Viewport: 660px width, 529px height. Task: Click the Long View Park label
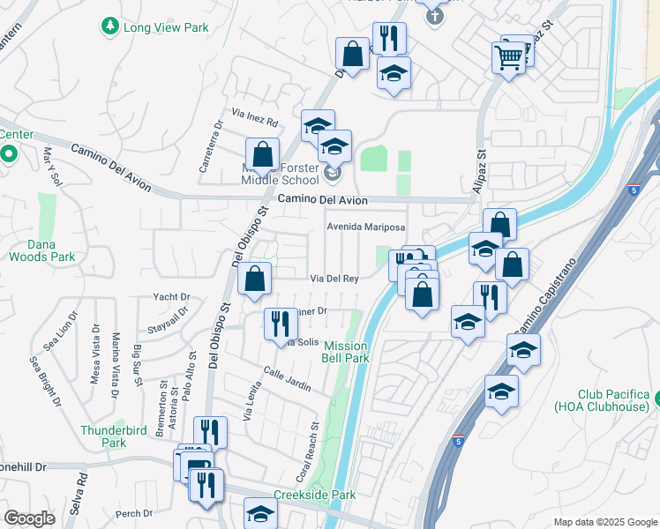click(x=166, y=27)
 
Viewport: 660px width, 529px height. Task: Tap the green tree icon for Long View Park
click(x=110, y=27)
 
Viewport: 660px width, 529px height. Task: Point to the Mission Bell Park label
click(x=346, y=352)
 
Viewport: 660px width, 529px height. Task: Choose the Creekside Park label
click(x=314, y=495)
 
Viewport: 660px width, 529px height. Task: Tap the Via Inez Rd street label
click(x=255, y=114)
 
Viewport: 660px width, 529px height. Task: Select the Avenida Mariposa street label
click(x=365, y=227)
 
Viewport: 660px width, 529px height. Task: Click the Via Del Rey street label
click(x=334, y=279)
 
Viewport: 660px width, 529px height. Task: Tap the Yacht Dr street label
click(x=171, y=297)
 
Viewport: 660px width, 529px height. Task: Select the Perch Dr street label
click(x=134, y=513)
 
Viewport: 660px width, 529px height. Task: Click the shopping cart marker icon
click(x=509, y=58)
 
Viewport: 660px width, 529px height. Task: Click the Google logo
click(x=29, y=518)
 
